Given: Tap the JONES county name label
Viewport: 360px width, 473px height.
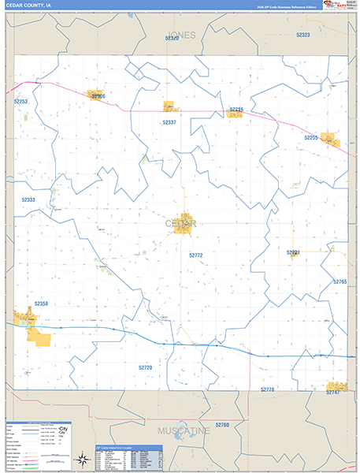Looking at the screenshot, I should tap(181, 35).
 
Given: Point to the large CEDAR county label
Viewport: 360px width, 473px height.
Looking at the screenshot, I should tap(181, 224).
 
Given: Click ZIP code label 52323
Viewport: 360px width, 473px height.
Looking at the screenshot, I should tap(302, 35).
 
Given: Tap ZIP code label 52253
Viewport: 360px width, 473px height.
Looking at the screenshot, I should tap(20, 102).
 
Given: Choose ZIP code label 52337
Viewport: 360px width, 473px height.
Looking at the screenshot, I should tap(169, 123).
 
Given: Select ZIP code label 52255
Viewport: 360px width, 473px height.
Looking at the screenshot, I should tap(312, 137).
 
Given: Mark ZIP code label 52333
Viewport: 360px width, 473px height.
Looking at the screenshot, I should tap(28, 200).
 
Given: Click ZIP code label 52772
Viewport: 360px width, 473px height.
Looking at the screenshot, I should tap(196, 255).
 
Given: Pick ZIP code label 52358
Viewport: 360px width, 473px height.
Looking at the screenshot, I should tap(41, 304).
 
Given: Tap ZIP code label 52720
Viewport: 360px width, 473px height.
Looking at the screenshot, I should tap(145, 367).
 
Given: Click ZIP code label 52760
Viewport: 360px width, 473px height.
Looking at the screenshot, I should tap(221, 425).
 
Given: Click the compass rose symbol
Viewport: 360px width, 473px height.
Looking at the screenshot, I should tap(81, 457).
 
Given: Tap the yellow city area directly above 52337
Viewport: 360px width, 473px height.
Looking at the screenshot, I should tap(169, 106).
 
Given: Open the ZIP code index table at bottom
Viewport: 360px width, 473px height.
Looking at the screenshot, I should tap(128, 457).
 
